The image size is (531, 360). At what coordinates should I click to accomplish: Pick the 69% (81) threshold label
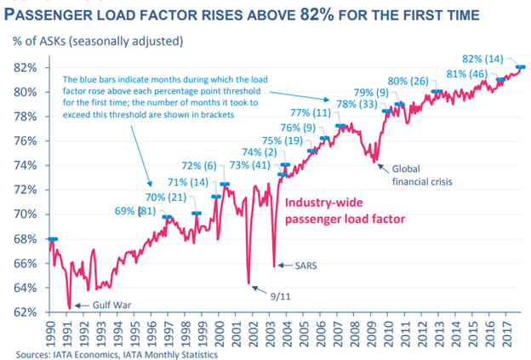(134, 210)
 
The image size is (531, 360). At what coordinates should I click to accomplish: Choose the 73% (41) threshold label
(250, 164)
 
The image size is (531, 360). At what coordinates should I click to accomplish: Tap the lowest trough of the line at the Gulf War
(69, 309)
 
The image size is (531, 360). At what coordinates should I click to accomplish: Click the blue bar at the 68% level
(53, 239)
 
